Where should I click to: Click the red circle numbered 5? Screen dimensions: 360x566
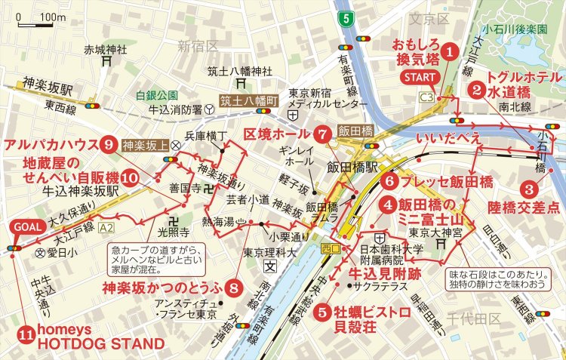pyautogui.click(x=322, y=309)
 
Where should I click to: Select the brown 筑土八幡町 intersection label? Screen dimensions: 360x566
pyautogui.click(x=246, y=100)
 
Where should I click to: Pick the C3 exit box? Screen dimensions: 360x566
pyautogui.click(x=427, y=97)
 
